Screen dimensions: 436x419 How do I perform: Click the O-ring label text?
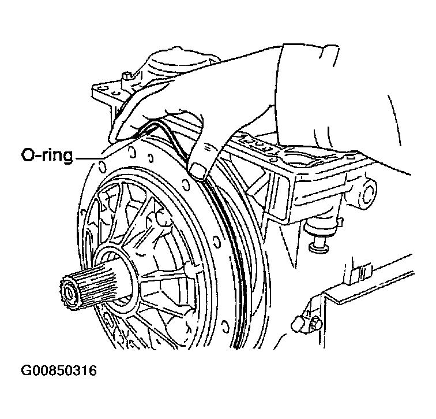(x=47, y=155)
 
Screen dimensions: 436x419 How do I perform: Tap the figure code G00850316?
(x=59, y=371)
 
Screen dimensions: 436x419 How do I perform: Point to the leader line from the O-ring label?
(x=89, y=158)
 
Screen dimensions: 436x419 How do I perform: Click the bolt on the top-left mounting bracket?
(x=127, y=78)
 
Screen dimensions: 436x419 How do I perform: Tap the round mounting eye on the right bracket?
(x=367, y=192)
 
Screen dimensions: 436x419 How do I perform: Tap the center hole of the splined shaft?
(x=69, y=292)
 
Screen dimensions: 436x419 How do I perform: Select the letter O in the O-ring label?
(x=28, y=155)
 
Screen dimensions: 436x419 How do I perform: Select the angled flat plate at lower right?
(x=367, y=281)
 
